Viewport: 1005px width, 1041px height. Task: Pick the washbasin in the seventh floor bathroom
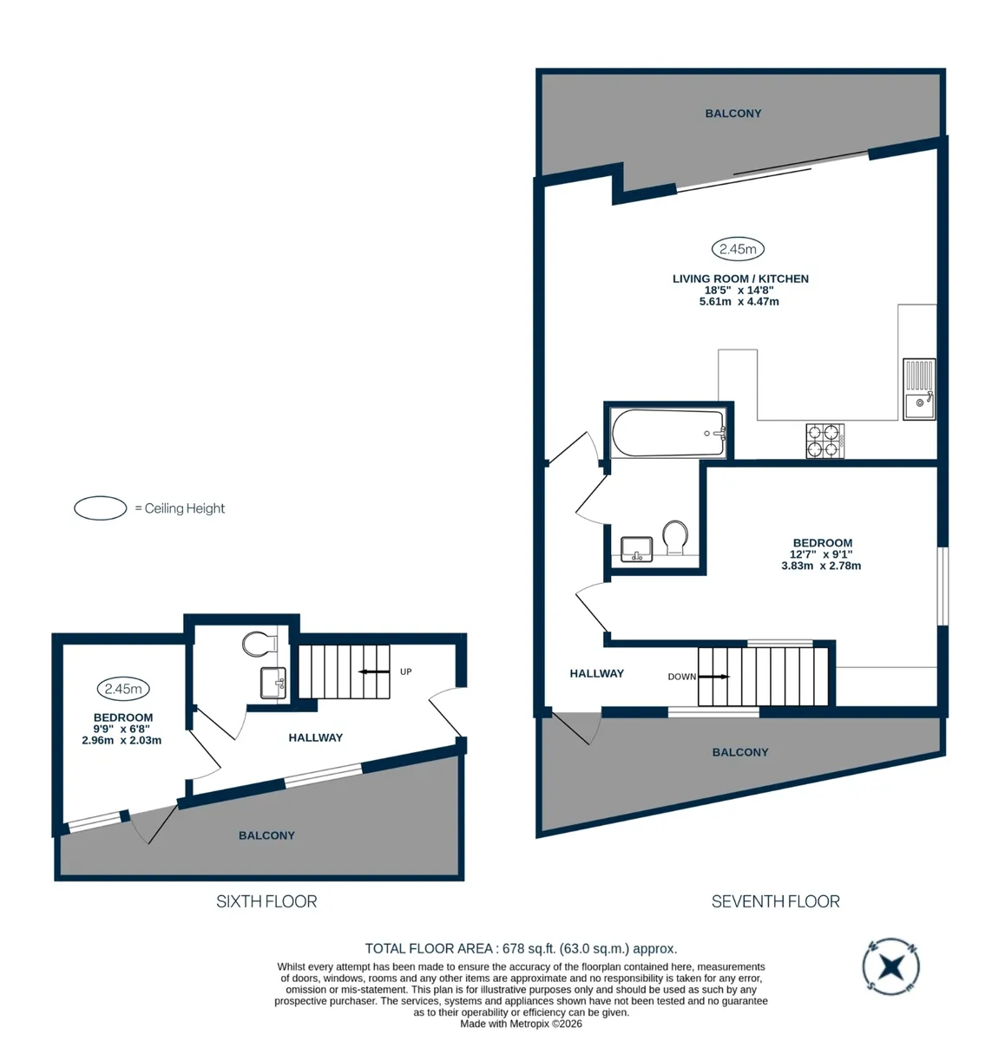[x=629, y=542]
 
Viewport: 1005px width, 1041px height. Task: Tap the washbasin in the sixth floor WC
[x=270, y=674]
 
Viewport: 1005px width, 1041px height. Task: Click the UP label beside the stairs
[x=401, y=663]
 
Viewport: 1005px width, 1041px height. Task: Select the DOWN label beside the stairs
[x=673, y=668]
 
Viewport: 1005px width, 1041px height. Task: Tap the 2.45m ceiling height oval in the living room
[x=728, y=245]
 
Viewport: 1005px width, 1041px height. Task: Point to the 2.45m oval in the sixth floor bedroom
[x=122, y=679]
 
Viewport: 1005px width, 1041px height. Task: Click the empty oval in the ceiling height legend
[x=99, y=501]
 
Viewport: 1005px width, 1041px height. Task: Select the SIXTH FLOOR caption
[x=263, y=889]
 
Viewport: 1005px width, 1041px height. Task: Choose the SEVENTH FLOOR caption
[x=765, y=889]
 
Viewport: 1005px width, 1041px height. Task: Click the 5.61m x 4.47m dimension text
[x=729, y=298]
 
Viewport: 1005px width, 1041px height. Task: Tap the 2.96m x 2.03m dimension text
[x=120, y=730]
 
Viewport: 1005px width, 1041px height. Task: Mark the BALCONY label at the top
[x=724, y=112]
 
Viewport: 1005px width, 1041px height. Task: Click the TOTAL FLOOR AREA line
[x=515, y=936]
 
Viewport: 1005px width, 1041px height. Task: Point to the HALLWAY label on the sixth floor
[x=312, y=728]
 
